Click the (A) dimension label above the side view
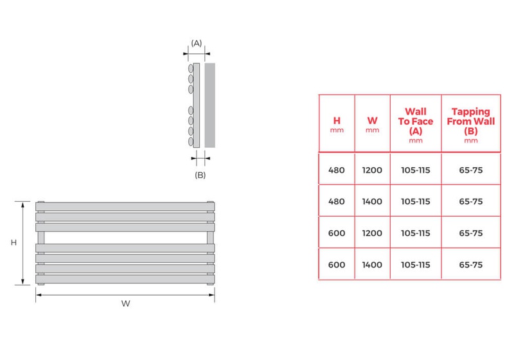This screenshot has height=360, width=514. pos(197,43)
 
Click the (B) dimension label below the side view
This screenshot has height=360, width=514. pos(200,174)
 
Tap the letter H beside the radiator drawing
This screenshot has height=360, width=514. pos(13,242)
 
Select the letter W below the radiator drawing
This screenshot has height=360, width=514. pos(125,304)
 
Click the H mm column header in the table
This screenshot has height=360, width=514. pos(337,123)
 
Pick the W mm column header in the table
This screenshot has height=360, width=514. pos(372,123)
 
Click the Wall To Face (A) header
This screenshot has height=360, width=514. pos(415,124)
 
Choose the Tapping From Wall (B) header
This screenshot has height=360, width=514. pos(471,124)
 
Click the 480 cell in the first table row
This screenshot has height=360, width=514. pos(337,170)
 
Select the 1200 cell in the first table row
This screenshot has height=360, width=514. pos(372,170)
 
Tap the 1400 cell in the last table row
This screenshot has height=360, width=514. pos(372,264)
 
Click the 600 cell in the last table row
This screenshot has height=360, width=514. pos(337,264)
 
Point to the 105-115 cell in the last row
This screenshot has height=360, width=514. pos(415,264)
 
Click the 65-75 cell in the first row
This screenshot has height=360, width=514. pos(471,170)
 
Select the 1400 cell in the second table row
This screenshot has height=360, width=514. pos(372,201)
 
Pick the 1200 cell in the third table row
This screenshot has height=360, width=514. pos(372,233)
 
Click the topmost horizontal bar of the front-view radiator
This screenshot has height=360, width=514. pos(125,206)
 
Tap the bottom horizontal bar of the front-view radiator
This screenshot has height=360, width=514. pos(125,280)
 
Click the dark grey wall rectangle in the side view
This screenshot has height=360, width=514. pos(210,105)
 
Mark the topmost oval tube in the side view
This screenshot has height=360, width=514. pos(190,68)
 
